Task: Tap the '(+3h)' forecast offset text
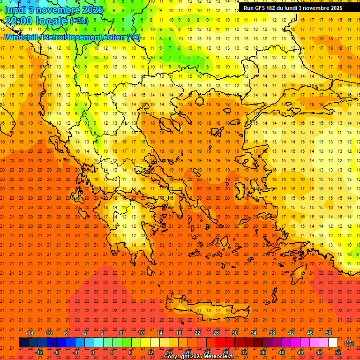point(78,21)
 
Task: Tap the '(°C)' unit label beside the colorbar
point(349,343)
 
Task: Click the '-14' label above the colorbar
point(30,333)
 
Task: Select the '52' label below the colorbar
point(338,352)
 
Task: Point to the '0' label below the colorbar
point(93,352)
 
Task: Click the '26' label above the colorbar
point(216,333)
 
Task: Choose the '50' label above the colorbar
point(329,333)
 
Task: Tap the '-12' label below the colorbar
point(39,352)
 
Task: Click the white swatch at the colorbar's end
point(333,343)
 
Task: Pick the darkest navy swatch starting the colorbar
point(23,343)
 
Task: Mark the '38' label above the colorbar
point(272,333)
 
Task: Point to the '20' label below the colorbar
point(188,352)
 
